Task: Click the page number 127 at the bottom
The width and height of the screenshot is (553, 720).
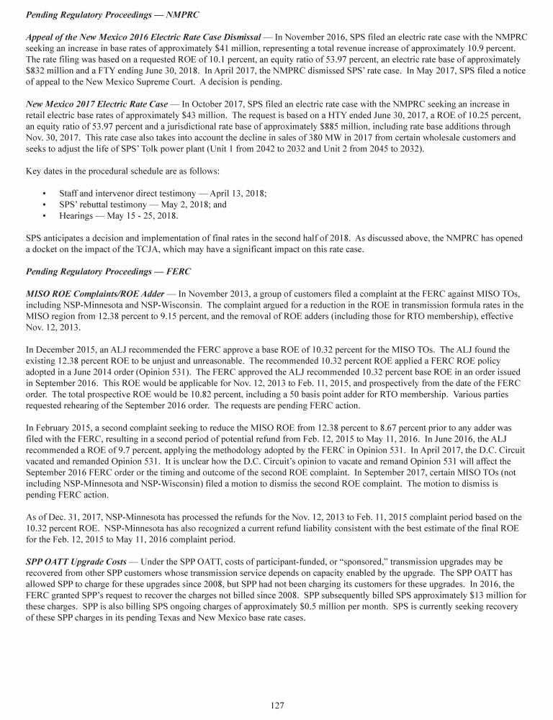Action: click(x=276, y=705)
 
